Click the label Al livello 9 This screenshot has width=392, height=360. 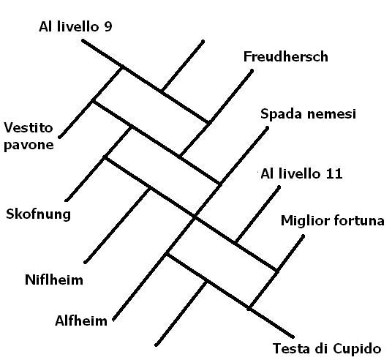point(75,26)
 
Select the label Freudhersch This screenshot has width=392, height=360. point(286,56)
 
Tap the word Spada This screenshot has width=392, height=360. point(281,114)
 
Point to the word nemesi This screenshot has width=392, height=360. point(331,114)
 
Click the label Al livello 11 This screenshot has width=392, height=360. point(301,173)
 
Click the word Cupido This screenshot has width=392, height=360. point(357,349)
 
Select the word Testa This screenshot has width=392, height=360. point(290,348)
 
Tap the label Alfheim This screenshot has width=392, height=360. point(81,320)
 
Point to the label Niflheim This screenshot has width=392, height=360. point(54,280)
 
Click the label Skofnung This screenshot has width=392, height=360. point(38,214)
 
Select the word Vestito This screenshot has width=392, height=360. point(29,127)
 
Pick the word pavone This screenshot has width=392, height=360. point(29,145)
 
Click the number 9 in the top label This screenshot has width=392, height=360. point(108,27)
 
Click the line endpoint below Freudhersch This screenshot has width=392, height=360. point(252,71)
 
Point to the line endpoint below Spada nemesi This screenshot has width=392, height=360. point(267,128)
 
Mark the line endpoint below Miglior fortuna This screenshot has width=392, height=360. point(304,236)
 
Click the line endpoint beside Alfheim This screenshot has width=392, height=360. point(114,319)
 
